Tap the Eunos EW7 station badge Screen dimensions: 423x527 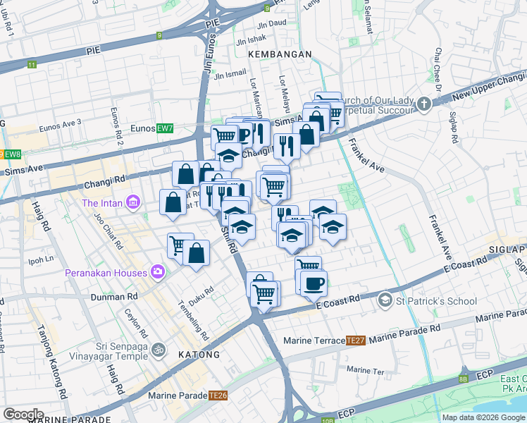pyautogui.click(x=164, y=128)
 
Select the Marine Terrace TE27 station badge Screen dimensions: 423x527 pyautogui.click(x=354, y=341)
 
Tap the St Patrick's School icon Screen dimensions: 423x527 pyautogui.click(x=385, y=301)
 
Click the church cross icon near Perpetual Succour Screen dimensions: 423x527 pyautogui.click(x=423, y=105)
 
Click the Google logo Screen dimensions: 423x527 pyautogui.click(x=23, y=415)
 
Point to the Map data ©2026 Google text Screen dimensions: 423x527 pyautogui.click(x=483, y=417)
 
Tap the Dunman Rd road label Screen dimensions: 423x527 pyautogui.click(x=112, y=298)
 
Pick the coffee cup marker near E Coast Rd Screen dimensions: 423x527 pyautogui.click(x=313, y=283)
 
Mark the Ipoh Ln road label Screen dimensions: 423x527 pyautogui.click(x=40, y=259)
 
